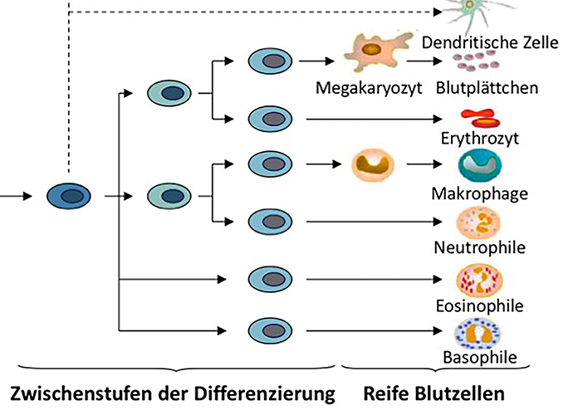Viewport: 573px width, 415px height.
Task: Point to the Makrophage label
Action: tap(479, 194)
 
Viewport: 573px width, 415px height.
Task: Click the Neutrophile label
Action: tap(480, 247)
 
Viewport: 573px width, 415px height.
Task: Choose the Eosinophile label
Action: tap(480, 305)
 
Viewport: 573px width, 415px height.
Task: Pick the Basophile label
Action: tap(480, 359)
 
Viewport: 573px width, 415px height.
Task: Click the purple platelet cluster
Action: tap(476, 63)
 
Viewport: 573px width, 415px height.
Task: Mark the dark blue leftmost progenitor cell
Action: tap(69, 196)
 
